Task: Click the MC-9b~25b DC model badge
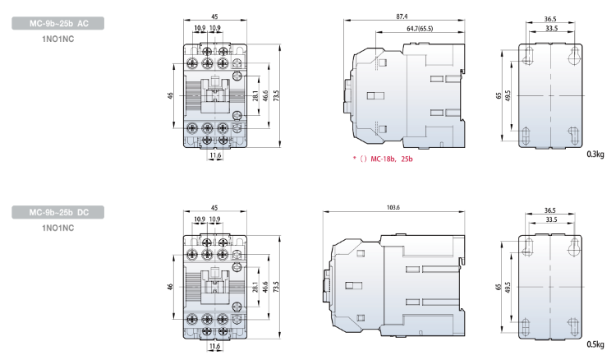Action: coord(57,213)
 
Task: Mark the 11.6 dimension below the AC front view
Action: coord(215,154)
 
